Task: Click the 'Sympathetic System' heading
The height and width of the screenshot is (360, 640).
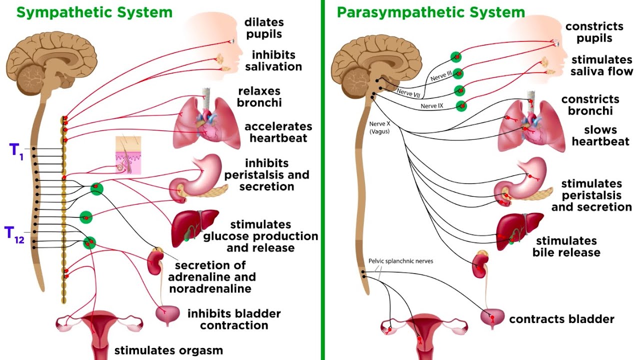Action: point(94,12)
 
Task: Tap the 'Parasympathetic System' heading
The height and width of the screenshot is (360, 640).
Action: point(430,12)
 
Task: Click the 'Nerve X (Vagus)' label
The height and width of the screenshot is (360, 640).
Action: point(379,127)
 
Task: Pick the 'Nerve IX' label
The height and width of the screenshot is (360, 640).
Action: point(432,106)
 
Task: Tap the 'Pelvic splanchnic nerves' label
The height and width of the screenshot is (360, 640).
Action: point(400,261)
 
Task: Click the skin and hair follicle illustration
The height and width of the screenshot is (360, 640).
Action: point(128,155)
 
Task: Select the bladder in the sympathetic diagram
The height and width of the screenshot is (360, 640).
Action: point(167,314)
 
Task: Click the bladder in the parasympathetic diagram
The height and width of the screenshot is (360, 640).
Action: point(492,317)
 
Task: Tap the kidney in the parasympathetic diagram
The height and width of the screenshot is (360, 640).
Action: point(479,265)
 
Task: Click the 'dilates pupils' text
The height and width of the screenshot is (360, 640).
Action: point(263,28)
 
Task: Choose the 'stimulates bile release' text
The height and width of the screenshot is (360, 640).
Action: point(566,247)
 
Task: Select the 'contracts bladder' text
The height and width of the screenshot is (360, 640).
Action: point(561,319)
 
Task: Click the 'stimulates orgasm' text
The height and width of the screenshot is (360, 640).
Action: point(168,350)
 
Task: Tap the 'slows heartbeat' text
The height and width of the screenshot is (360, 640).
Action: point(600,136)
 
